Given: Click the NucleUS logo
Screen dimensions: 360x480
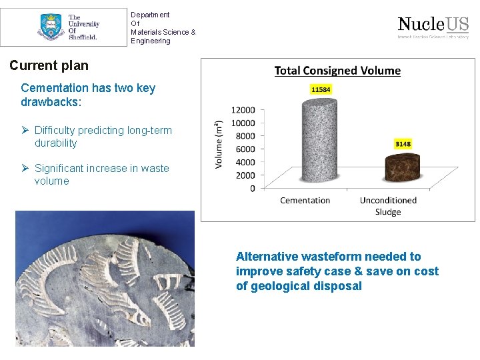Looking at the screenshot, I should pos(433,27).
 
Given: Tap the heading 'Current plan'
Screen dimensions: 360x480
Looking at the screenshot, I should pos(49,66).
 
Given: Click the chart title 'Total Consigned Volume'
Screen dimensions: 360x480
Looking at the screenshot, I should pos(337,71).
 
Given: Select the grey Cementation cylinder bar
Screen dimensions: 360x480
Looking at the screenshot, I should pos(305,140).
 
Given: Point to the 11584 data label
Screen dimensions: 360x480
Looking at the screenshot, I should pos(320,89).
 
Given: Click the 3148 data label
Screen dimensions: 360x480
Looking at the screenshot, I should pos(403,144).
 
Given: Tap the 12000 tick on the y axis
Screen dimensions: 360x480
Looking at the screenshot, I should pos(243,110).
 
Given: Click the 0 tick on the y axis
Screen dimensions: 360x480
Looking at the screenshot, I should pos(252,189).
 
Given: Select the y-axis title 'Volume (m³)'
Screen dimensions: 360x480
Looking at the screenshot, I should pos(219,144).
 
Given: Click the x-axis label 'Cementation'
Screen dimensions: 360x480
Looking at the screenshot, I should pos(305,201).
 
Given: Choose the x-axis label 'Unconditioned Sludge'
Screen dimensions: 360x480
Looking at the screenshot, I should pos(388,206).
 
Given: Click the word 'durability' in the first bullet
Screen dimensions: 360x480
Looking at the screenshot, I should pos(55,143).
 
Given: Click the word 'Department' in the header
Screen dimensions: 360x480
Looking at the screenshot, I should pos(150,15).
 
